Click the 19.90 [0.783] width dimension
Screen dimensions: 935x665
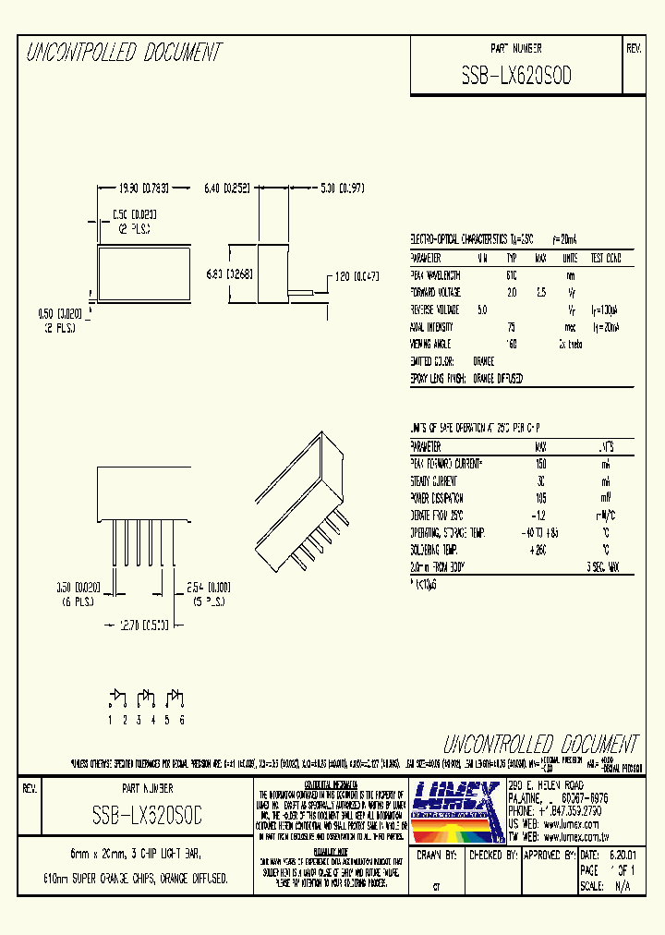point(141,187)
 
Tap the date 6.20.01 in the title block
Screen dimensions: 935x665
point(622,856)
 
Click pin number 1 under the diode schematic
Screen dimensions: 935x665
point(110,719)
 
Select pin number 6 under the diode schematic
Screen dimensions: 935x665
point(182,719)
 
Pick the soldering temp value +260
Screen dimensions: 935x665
point(541,551)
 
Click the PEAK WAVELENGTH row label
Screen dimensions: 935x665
point(435,275)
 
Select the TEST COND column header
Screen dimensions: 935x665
point(607,259)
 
